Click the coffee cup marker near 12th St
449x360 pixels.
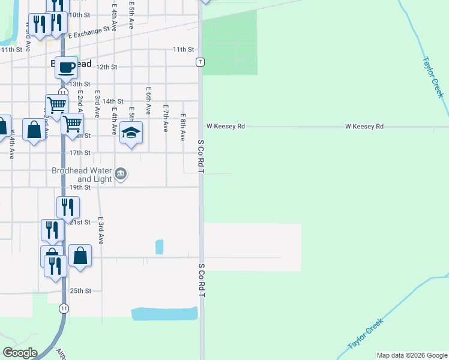point(67,67)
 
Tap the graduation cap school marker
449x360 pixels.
point(131,132)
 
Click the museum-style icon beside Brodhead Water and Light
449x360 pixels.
point(121,175)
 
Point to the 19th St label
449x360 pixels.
point(79,187)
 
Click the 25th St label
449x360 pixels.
point(80,291)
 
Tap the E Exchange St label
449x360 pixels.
point(90,32)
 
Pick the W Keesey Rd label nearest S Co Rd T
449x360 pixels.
point(226,127)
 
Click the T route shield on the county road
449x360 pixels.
point(200,62)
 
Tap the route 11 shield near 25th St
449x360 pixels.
point(64,308)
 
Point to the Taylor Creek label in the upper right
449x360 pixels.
point(433,77)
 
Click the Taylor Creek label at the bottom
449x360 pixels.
point(365,335)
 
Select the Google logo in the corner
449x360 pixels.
point(20,353)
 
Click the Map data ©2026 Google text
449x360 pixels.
point(412,355)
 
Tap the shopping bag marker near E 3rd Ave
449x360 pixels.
point(80,256)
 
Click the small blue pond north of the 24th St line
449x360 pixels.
point(159,247)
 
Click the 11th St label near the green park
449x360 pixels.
point(184,49)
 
